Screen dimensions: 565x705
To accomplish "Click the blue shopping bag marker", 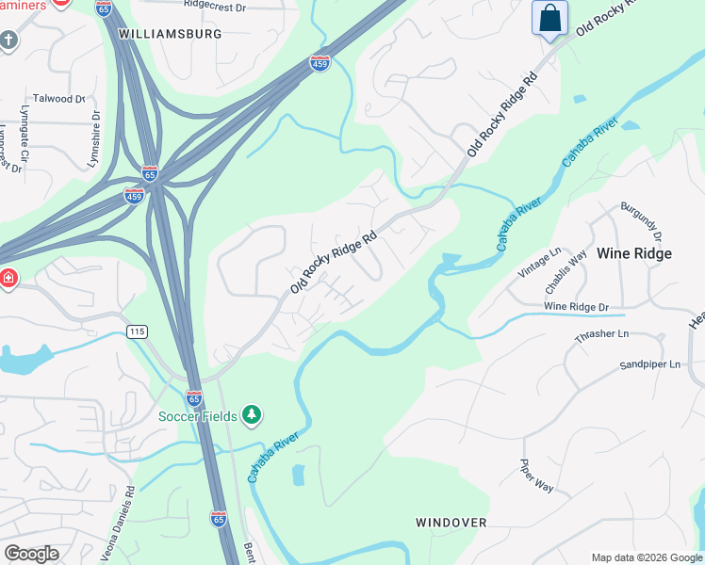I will point(549,18).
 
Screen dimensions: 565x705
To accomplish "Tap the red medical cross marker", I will point(8,279).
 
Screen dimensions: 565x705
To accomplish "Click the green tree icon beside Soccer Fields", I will point(251,414).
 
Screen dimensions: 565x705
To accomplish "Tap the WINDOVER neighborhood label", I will point(451,522).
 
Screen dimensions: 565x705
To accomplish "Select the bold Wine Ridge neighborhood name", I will point(634,253).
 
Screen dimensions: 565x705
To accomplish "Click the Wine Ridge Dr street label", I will point(577,307).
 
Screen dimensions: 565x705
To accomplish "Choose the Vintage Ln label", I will point(541,263).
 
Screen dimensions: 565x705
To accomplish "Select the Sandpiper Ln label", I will point(649,364).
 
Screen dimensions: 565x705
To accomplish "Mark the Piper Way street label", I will point(536,475).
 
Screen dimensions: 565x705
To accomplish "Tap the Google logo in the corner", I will point(32,554).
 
